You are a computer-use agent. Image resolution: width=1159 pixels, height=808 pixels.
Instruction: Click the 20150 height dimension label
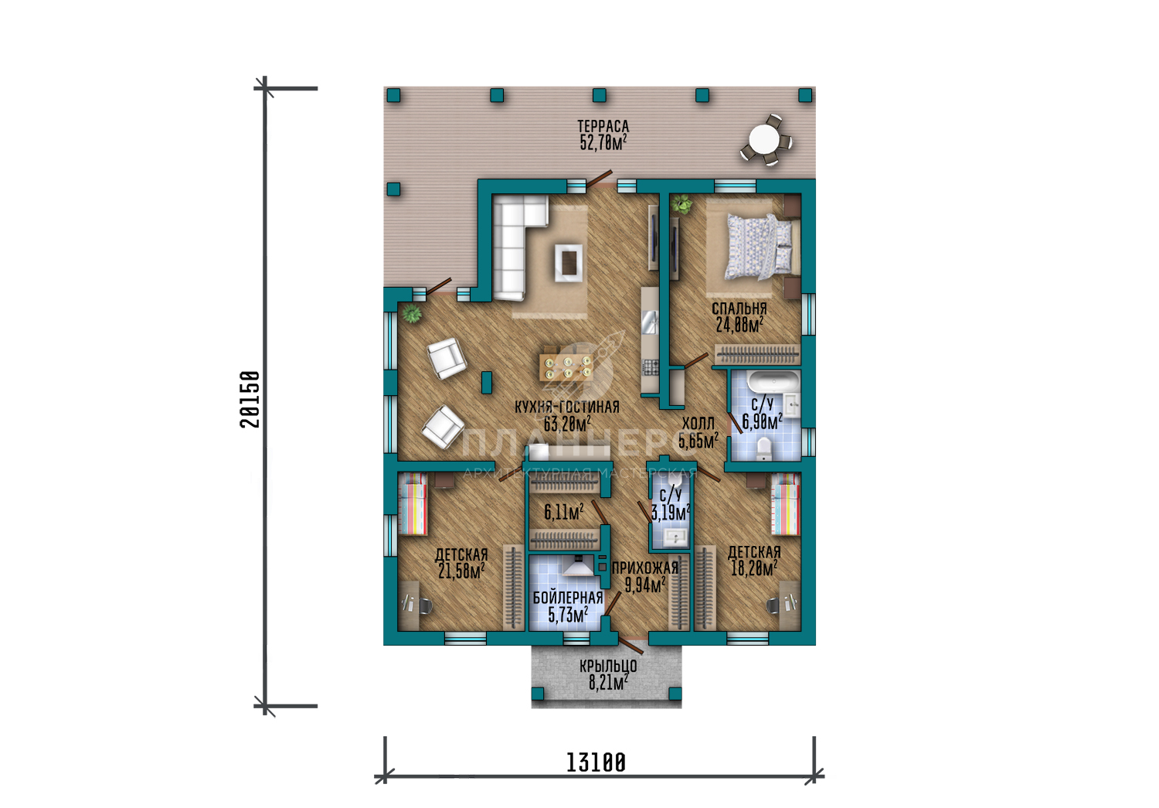point(250,399)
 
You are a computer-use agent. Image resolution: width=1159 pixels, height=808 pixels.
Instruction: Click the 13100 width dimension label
point(596,762)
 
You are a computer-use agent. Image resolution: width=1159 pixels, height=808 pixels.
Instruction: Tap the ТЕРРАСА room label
point(603,126)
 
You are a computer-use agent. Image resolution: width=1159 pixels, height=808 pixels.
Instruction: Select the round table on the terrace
point(765,139)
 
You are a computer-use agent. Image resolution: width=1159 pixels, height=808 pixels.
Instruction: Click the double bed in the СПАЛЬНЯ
point(760,247)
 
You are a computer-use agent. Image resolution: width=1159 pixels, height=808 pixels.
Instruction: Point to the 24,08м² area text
point(739,325)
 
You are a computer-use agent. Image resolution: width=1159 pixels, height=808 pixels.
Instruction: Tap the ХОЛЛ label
point(698,424)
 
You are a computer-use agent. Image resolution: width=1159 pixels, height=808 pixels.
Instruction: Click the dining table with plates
point(566,367)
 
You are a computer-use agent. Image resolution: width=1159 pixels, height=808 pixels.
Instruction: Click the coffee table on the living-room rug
point(569,262)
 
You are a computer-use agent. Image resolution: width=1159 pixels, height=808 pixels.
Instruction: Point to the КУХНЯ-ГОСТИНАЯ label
point(566,407)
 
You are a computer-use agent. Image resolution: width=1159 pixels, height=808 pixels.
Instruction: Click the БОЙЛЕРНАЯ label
point(568,598)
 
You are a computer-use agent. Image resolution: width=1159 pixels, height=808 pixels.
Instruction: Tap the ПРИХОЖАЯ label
point(644,568)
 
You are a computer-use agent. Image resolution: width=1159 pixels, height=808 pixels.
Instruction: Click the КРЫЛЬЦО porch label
point(608,665)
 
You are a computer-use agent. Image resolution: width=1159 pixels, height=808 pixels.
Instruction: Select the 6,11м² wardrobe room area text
point(563,513)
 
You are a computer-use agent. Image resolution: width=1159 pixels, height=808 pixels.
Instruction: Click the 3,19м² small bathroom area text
point(671,513)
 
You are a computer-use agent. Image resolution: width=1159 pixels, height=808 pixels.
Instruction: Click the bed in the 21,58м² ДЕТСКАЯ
point(413,503)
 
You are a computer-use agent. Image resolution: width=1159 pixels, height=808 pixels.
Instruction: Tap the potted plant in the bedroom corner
point(681,204)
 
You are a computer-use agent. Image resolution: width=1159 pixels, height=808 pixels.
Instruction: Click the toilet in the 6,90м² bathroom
point(763,448)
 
